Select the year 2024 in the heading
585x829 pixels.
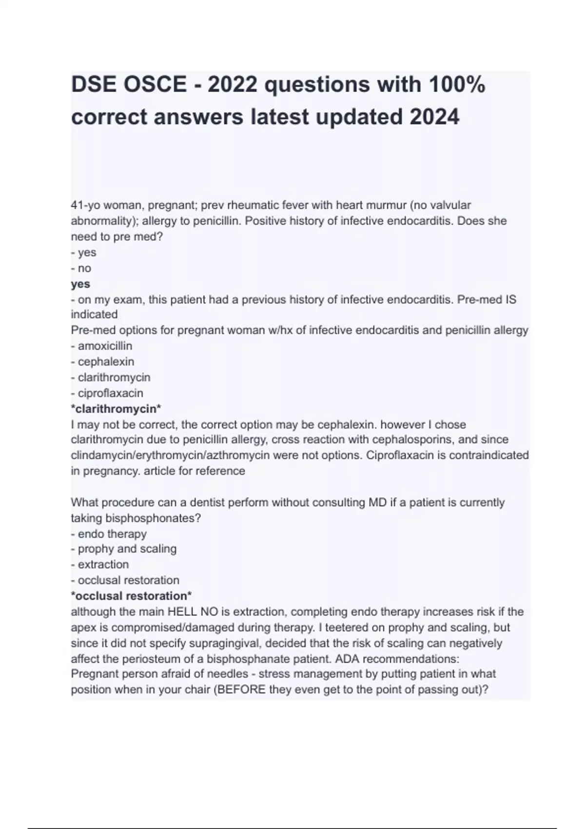434,117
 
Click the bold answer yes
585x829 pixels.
80,284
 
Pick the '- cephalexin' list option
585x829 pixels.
102,362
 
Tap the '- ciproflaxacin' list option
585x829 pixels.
107,393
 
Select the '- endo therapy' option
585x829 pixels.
109,534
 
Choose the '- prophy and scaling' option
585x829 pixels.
124,549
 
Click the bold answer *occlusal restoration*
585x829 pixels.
131,596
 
